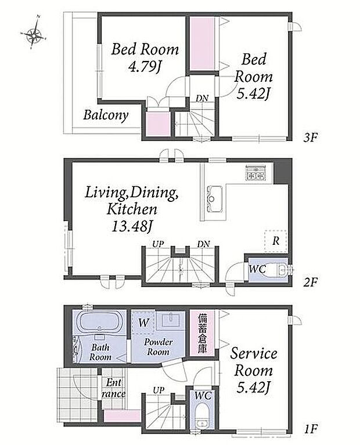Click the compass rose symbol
coord(34,35)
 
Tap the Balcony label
coord(106,116)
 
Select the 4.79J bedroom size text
coord(145,67)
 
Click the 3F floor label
coord(310,138)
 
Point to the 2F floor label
coord(310,282)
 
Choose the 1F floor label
coord(310,429)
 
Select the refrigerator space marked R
coord(275,241)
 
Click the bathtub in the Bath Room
coord(99,322)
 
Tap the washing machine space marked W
coord(143,323)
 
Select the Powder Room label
coord(158,347)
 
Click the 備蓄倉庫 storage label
coord(202,333)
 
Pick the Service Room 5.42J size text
coord(253,388)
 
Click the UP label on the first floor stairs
coord(159,390)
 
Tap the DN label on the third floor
coord(202,99)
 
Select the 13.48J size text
coord(131,226)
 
